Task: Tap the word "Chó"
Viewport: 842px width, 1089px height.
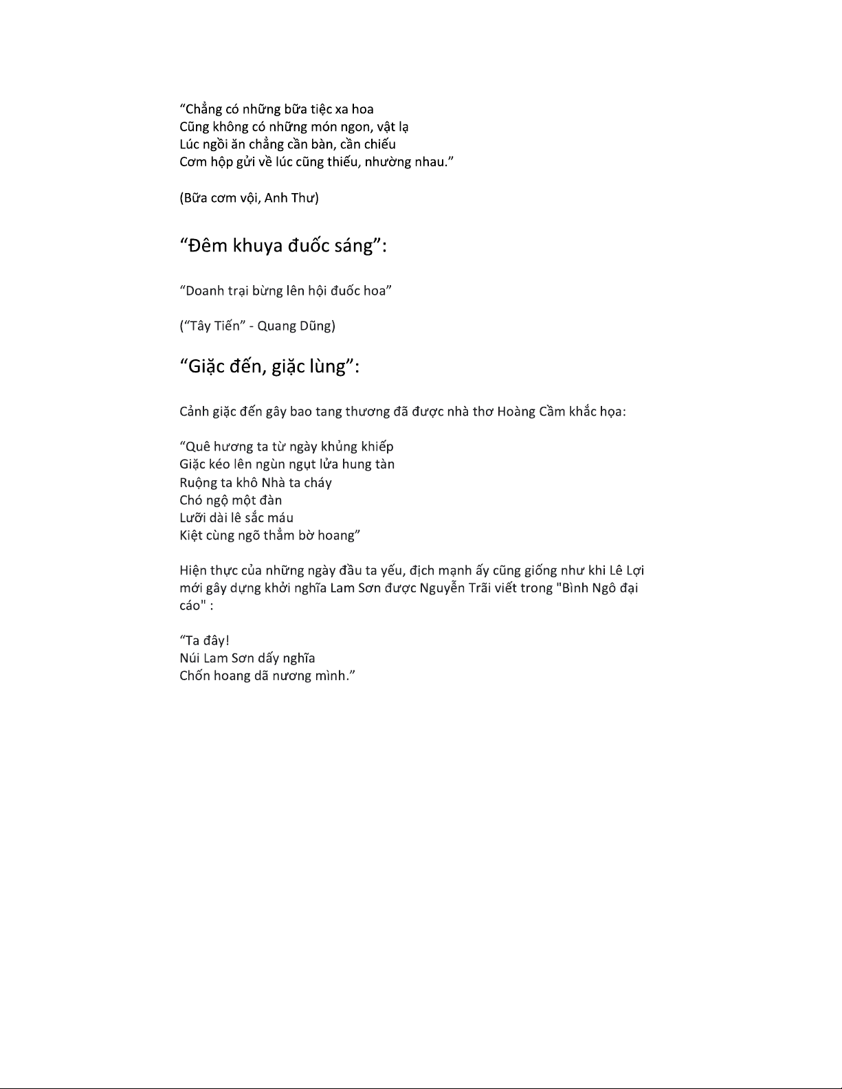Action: click(190, 500)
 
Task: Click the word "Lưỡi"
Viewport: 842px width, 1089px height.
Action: click(193, 518)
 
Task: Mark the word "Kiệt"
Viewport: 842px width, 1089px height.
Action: click(192, 536)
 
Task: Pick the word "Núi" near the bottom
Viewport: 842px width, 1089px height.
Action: click(190, 658)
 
